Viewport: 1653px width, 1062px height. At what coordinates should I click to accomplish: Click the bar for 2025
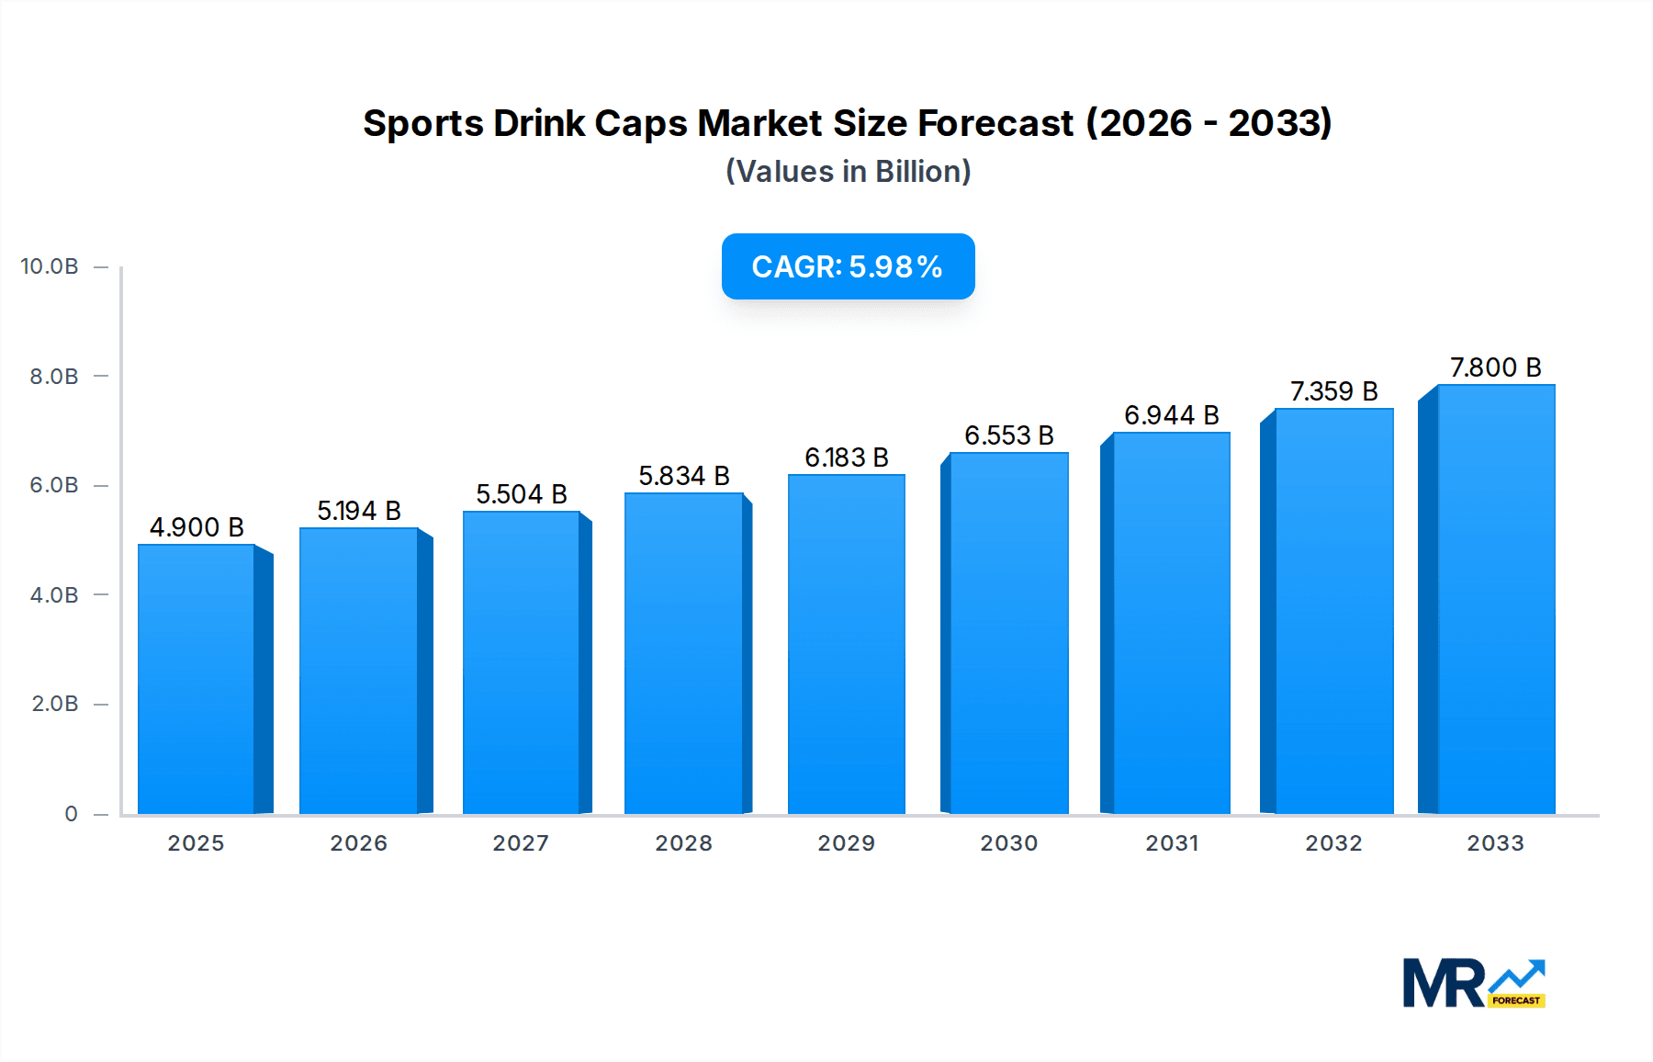[x=197, y=680]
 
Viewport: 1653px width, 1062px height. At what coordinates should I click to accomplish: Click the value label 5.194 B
[x=359, y=511]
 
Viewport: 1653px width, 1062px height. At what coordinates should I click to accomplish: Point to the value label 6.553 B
[x=1008, y=435]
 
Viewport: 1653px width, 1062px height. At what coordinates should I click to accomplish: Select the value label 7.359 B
[x=1333, y=391]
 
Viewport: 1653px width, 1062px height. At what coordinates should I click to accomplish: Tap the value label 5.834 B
[x=684, y=476]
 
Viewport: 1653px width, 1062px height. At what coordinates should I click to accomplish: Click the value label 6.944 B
[x=1171, y=415]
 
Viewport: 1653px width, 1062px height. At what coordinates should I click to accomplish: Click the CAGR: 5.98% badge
[x=848, y=266]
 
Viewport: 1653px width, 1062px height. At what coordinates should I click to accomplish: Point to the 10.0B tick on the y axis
[x=50, y=266]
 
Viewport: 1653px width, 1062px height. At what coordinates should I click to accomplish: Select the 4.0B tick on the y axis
[x=54, y=595]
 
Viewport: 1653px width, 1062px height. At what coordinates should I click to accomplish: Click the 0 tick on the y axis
[x=71, y=814]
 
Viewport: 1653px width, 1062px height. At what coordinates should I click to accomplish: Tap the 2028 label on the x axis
[x=683, y=843]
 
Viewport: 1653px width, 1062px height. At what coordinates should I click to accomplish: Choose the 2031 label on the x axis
[x=1171, y=843]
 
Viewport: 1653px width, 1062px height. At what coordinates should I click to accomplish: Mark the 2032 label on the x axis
[x=1333, y=843]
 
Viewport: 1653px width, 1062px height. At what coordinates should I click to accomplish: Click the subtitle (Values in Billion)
[x=848, y=172]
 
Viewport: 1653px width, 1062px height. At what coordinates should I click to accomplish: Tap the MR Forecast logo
[x=1473, y=983]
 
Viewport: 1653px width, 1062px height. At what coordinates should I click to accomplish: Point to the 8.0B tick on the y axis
[x=54, y=377]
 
